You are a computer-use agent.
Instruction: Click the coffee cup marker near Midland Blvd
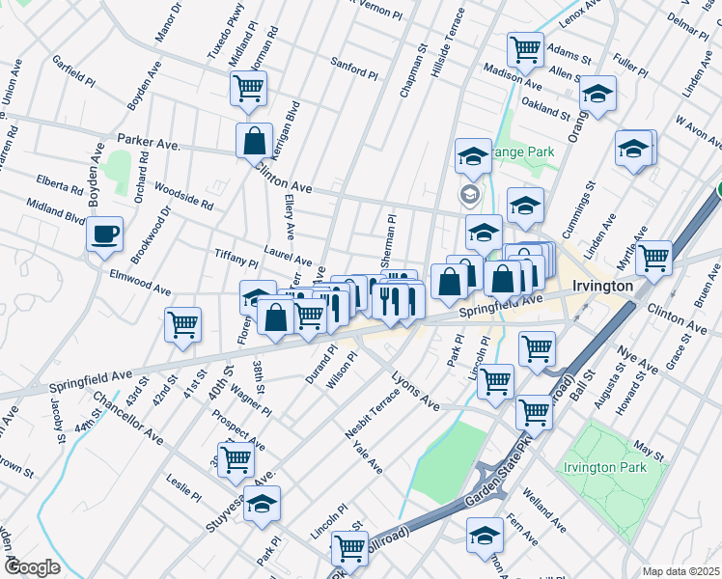coord(104,233)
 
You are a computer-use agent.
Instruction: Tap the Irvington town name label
coord(602,287)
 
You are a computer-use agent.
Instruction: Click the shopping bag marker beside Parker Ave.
coord(253,140)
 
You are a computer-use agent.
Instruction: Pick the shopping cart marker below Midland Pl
coord(248,88)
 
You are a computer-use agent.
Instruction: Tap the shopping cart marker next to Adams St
coord(525,48)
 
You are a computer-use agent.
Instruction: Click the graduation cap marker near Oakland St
coord(598,95)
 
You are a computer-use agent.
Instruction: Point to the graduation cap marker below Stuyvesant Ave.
coord(262,504)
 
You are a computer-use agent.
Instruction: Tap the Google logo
coord(32,567)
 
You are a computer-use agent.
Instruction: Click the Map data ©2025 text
coord(680,571)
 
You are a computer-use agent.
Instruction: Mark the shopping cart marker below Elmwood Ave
coord(182,325)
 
